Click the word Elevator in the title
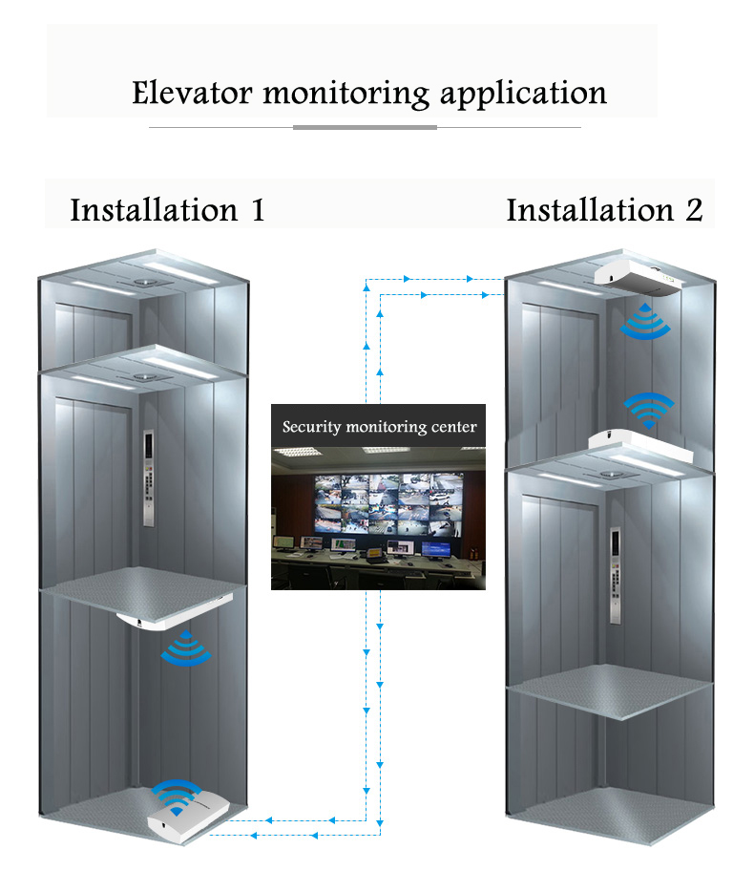tap(192, 93)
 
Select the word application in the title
tap(524, 95)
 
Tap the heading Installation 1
tap(168, 210)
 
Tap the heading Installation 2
tap(604, 210)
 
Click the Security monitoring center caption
tap(379, 427)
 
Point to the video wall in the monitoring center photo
tap(388, 504)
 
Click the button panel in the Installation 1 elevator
tap(148, 478)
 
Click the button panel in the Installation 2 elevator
tap(616, 575)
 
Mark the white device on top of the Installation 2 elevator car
tap(640, 447)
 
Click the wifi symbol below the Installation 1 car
tap(186, 648)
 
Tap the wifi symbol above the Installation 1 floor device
tap(177, 796)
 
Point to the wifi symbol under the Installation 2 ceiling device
tap(645, 322)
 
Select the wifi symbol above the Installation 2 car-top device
tap(649, 410)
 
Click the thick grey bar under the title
tap(365, 127)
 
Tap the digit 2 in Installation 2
tap(694, 210)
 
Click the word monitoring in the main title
tap(346, 95)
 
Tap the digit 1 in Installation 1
tap(259, 210)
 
